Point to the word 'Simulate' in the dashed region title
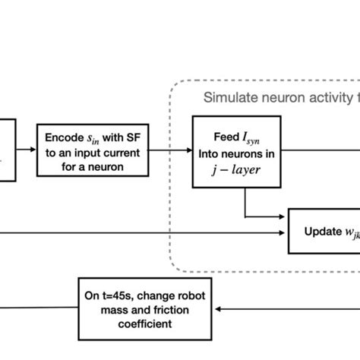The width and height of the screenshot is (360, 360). pos(226,97)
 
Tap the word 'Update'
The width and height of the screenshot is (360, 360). pos(319,231)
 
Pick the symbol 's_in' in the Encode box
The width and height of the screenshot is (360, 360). pos(93,137)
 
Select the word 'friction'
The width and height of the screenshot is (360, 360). pos(169,309)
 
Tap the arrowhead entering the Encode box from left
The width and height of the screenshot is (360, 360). pos(33,150)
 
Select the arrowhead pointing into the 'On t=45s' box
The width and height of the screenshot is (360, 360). pos(218,309)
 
